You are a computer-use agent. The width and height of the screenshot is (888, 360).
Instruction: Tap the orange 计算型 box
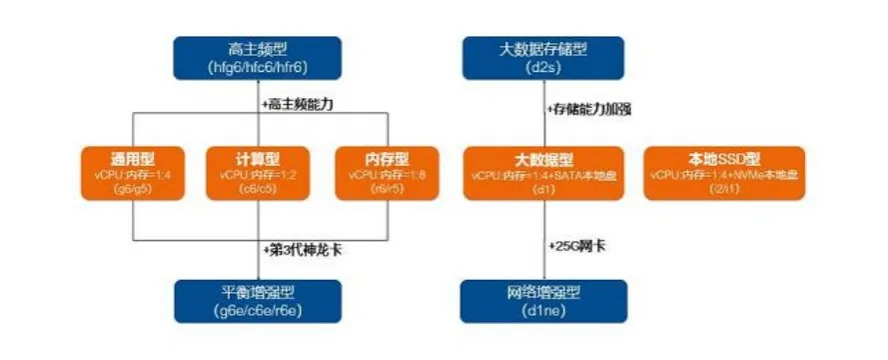tap(258, 172)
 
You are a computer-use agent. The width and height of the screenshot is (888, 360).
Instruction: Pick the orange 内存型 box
tap(386, 172)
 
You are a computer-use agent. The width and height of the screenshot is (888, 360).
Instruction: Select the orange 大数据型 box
tap(543, 172)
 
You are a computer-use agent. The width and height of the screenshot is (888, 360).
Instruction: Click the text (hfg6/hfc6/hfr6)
tap(257, 67)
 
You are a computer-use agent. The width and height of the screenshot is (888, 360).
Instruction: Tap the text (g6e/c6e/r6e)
tap(257, 312)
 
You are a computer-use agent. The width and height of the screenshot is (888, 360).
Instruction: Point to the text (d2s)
tap(543, 67)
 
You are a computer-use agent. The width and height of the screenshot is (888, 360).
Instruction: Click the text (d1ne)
tap(543, 312)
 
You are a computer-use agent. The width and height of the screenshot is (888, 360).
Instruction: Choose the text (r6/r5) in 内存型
tap(386, 186)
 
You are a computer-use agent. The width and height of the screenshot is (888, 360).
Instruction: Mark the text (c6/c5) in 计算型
tap(258, 186)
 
